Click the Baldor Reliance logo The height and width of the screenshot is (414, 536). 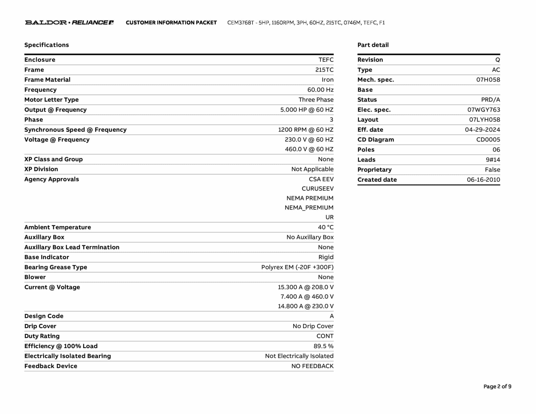(69, 23)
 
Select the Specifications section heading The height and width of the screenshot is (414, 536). (47, 45)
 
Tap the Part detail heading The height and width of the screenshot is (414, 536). (373, 45)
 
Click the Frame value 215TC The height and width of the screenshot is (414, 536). (324, 70)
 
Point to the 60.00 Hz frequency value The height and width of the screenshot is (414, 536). (320, 90)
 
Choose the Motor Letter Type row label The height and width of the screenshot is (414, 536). (51, 100)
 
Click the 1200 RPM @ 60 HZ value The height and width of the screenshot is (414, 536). (305, 130)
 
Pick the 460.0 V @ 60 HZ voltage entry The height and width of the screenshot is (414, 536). (309, 149)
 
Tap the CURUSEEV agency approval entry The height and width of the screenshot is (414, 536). (317, 189)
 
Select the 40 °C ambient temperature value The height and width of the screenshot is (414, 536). (326, 227)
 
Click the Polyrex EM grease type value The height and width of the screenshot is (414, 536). (297, 267)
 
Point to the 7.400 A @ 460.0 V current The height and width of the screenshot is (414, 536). (307, 296)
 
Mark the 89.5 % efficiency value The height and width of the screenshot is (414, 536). (323, 346)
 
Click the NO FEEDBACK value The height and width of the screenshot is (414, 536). (312, 366)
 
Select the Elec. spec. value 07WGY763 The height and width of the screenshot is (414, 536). (484, 110)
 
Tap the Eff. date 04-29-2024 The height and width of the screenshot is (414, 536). (482, 130)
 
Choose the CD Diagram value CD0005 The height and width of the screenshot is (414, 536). (488, 140)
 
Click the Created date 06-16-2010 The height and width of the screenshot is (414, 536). (483, 180)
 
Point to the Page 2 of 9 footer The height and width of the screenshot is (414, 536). (497, 387)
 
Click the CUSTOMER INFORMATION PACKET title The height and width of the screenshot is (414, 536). (171, 23)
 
